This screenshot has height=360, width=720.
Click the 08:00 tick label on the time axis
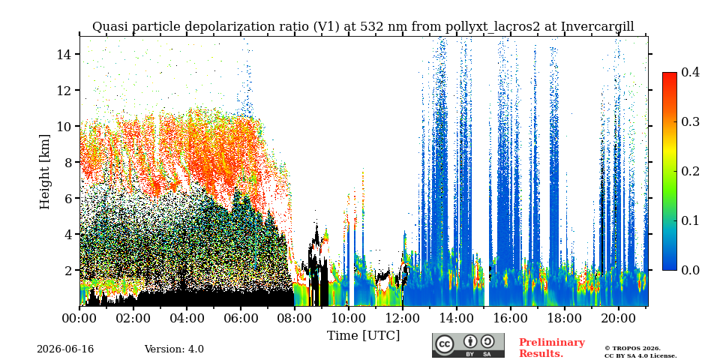[294, 318]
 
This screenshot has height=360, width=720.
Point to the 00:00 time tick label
[79, 318]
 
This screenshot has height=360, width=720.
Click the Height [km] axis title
[44, 172]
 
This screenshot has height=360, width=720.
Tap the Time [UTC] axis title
[363, 336]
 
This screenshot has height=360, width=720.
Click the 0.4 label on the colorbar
[690, 72]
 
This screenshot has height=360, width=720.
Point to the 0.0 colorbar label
[690, 270]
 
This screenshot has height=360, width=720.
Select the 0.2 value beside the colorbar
[690, 171]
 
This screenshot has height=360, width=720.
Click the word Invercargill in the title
[598, 27]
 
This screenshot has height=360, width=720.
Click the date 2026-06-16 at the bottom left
[65, 349]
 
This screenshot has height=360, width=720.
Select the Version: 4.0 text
[174, 349]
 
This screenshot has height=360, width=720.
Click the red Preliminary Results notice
[552, 348]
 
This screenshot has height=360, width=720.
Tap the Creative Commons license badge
[468, 345]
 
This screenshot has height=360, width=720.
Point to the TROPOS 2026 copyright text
[632, 349]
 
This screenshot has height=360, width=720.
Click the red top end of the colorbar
[670, 73]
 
